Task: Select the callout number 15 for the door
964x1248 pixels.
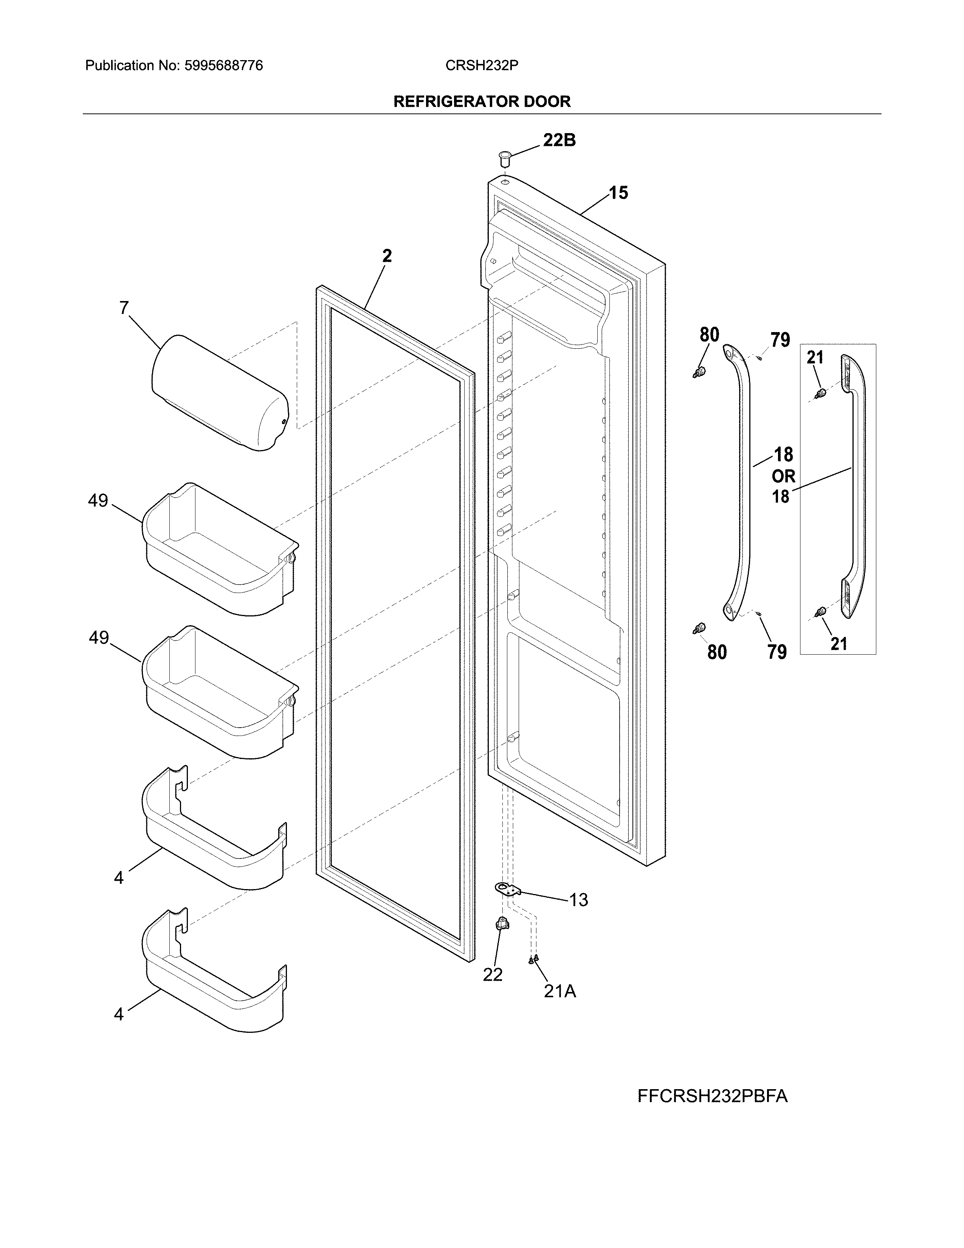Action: (618, 193)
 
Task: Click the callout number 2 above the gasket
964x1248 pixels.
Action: (387, 256)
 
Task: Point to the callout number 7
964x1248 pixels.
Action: (124, 309)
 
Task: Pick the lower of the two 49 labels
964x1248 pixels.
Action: (99, 638)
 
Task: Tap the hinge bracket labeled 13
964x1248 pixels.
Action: (508, 889)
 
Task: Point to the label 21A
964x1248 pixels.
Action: (559, 992)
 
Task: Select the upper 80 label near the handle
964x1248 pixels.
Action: (709, 335)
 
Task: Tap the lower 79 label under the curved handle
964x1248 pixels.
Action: (777, 652)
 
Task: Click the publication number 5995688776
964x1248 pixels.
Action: (223, 66)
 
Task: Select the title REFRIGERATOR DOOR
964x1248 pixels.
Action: (482, 102)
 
